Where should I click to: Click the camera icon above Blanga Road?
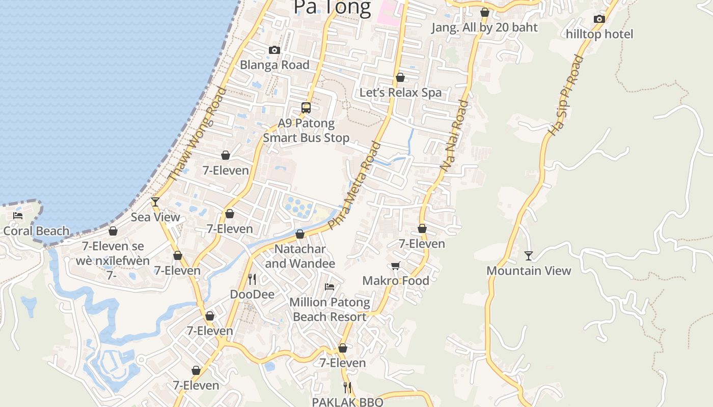(x=275, y=50)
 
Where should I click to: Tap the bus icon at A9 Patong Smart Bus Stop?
(x=306, y=108)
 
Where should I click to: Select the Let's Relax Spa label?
(x=400, y=93)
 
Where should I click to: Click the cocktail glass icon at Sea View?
(x=155, y=202)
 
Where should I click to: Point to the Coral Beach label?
(x=36, y=231)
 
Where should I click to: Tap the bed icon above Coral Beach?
(x=18, y=216)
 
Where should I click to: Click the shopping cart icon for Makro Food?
(x=395, y=266)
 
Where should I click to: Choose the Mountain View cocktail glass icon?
(x=529, y=255)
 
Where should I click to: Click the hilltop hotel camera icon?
(x=599, y=19)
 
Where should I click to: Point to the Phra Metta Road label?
(x=355, y=185)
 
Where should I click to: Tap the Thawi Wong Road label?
(x=197, y=134)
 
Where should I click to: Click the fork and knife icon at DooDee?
(x=252, y=279)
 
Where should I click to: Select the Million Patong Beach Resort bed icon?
(x=330, y=287)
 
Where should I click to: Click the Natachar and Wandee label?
(x=300, y=256)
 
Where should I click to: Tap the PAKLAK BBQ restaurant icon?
(x=347, y=388)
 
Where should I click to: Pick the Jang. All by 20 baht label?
(x=484, y=27)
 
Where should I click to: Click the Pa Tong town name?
(x=332, y=8)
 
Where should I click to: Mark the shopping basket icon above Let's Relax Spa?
(x=400, y=77)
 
